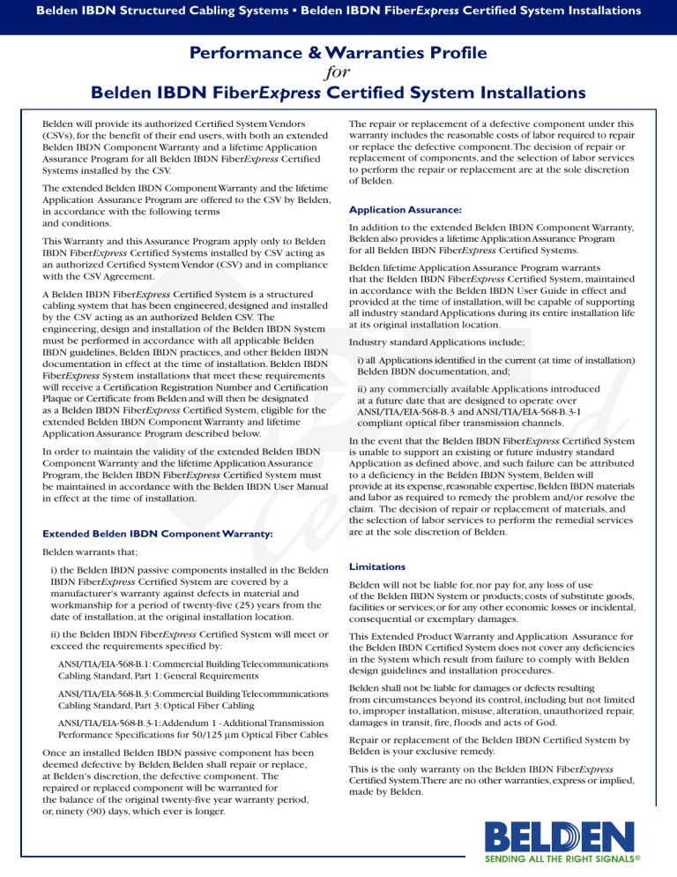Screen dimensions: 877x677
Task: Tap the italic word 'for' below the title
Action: tap(338, 71)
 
